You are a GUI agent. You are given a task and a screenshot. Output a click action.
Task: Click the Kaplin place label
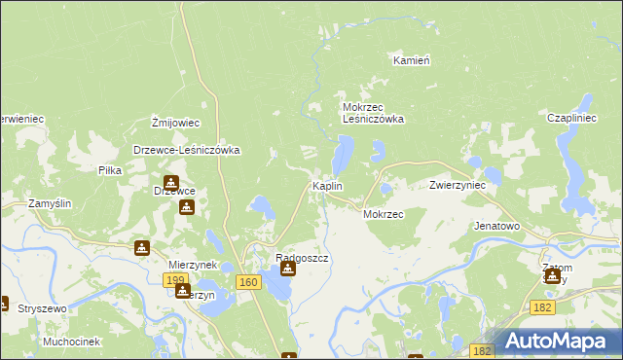[326, 186]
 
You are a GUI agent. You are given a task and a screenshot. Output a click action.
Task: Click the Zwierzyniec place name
[458, 185]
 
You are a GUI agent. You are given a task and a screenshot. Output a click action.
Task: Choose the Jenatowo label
[496, 226]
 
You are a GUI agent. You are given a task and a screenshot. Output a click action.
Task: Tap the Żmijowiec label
[176, 123]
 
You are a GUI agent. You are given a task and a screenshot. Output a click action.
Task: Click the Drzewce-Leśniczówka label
[187, 151]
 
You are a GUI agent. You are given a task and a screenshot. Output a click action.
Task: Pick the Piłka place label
[110, 170]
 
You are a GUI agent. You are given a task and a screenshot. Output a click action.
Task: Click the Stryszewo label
[42, 308]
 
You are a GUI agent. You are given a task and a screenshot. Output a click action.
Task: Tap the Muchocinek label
[72, 342]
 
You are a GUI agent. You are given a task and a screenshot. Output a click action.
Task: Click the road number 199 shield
[175, 280]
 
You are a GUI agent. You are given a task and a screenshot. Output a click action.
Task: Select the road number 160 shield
[248, 282]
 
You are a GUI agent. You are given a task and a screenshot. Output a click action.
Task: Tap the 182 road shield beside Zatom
[544, 306]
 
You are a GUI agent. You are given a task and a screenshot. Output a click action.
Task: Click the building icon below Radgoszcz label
[287, 268]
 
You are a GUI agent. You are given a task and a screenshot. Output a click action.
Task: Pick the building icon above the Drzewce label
[171, 182]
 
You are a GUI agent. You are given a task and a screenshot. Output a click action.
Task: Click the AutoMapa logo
[558, 341]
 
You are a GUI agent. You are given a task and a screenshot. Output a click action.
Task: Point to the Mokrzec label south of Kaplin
[383, 214]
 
